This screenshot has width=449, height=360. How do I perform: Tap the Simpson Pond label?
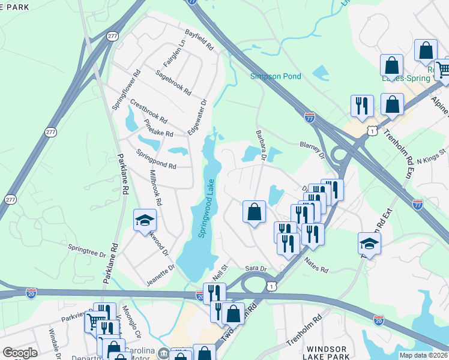coord(276,77)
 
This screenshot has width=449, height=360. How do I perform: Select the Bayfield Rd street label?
coord(199,39)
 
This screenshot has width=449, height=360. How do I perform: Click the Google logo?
coord(20,353)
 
